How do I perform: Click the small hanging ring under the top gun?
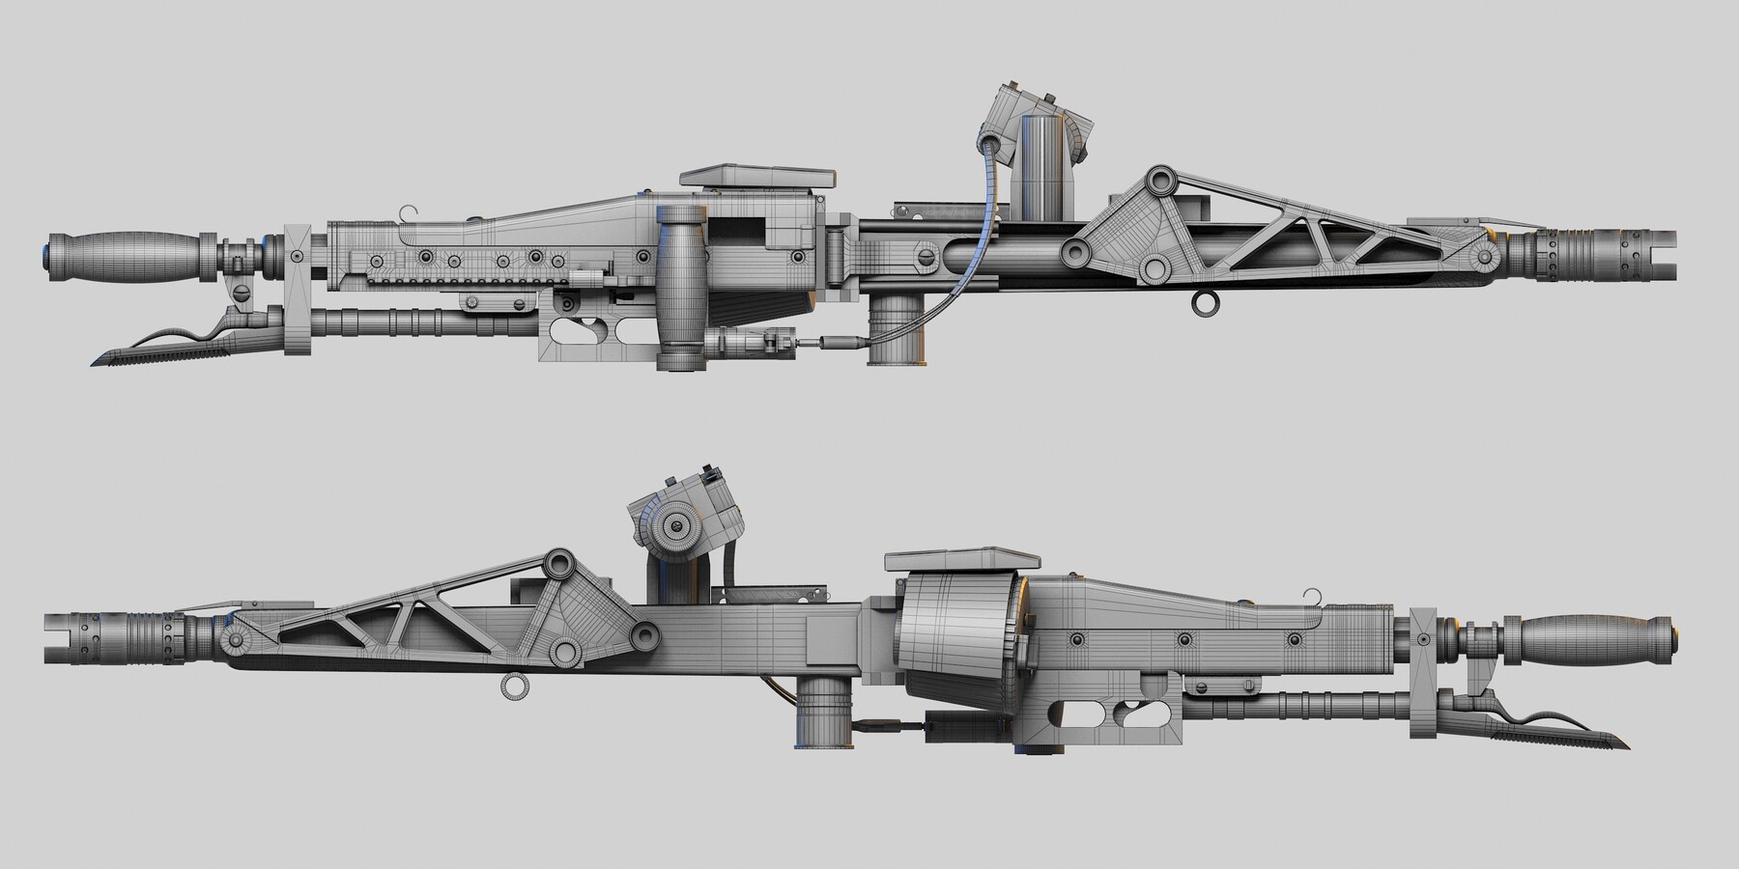pos(1204,303)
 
